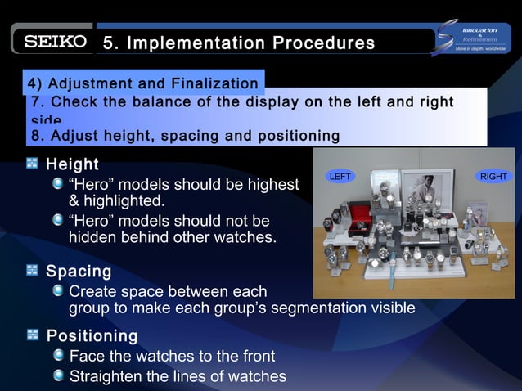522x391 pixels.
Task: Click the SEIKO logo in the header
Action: click(x=54, y=43)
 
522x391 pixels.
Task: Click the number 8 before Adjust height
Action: click(x=35, y=135)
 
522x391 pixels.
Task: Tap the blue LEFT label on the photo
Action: click(x=339, y=176)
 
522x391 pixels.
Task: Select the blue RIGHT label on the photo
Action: click(x=493, y=176)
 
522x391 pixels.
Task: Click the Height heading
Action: click(x=72, y=164)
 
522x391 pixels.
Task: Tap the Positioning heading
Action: click(x=92, y=336)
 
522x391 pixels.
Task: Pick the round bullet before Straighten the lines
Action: click(x=58, y=375)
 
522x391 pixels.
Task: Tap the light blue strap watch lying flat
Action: click(x=393, y=267)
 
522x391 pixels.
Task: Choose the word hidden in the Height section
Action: click(x=92, y=238)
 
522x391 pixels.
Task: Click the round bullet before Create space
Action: click(x=58, y=290)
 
